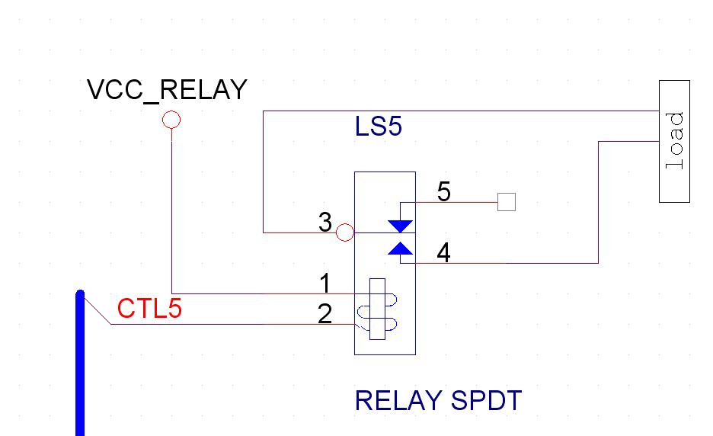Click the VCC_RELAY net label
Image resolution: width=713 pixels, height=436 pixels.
[167, 90]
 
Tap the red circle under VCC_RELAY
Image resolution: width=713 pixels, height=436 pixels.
[171, 120]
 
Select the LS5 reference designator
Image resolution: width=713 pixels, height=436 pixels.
[378, 127]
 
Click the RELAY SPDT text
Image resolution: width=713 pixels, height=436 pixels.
[438, 400]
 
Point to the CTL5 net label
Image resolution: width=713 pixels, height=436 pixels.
[149, 309]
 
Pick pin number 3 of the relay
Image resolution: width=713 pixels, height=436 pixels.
[325, 223]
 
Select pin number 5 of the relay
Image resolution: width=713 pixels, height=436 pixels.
[443, 192]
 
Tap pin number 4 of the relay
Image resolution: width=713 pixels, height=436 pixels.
[443, 253]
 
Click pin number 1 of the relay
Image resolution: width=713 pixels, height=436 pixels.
[325, 284]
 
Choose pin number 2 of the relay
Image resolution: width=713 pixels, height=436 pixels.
[325, 314]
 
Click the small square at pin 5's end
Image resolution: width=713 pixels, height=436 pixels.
[507, 202]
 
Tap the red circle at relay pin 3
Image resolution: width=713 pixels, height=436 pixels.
[345, 232]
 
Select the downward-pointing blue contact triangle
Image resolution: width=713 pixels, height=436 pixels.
[400, 226]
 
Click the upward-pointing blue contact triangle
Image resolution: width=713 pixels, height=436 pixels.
[400, 248]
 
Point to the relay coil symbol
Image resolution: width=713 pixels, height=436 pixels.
[376, 309]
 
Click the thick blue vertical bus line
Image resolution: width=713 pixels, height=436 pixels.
[80, 366]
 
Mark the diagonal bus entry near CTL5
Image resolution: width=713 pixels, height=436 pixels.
[97, 309]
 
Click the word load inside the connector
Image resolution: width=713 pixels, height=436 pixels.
[674, 142]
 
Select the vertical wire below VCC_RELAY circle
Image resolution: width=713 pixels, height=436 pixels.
[171, 213]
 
